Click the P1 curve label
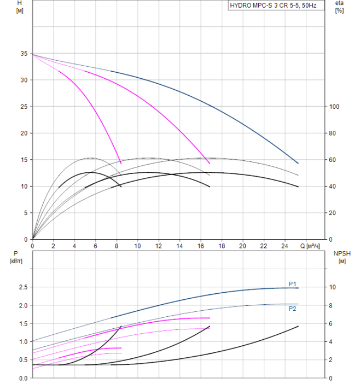coord(293,283)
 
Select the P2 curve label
coord(293,309)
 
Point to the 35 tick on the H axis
coord(23,54)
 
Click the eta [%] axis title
coord(339,7)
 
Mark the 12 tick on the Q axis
coord(159,246)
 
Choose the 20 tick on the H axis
coord(23,134)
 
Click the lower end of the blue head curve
coord(298,163)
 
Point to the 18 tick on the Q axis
coord(222,246)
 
